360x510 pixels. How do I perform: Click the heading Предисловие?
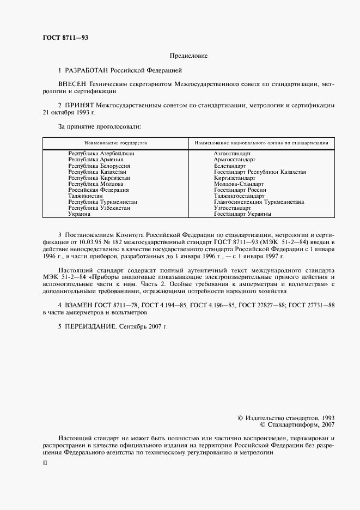pos(188,56)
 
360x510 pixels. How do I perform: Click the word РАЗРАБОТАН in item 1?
pos(87,71)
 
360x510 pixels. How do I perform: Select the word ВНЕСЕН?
pos(72,86)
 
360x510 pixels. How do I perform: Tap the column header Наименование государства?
pos(115,143)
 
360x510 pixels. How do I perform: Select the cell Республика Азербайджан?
pos(101,154)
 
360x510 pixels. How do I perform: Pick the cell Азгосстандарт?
pos(233,154)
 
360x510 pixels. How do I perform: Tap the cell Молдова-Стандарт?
pos(236,184)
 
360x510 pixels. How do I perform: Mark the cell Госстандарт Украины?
pos(243,214)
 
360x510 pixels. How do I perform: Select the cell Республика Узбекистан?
pos(99,208)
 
